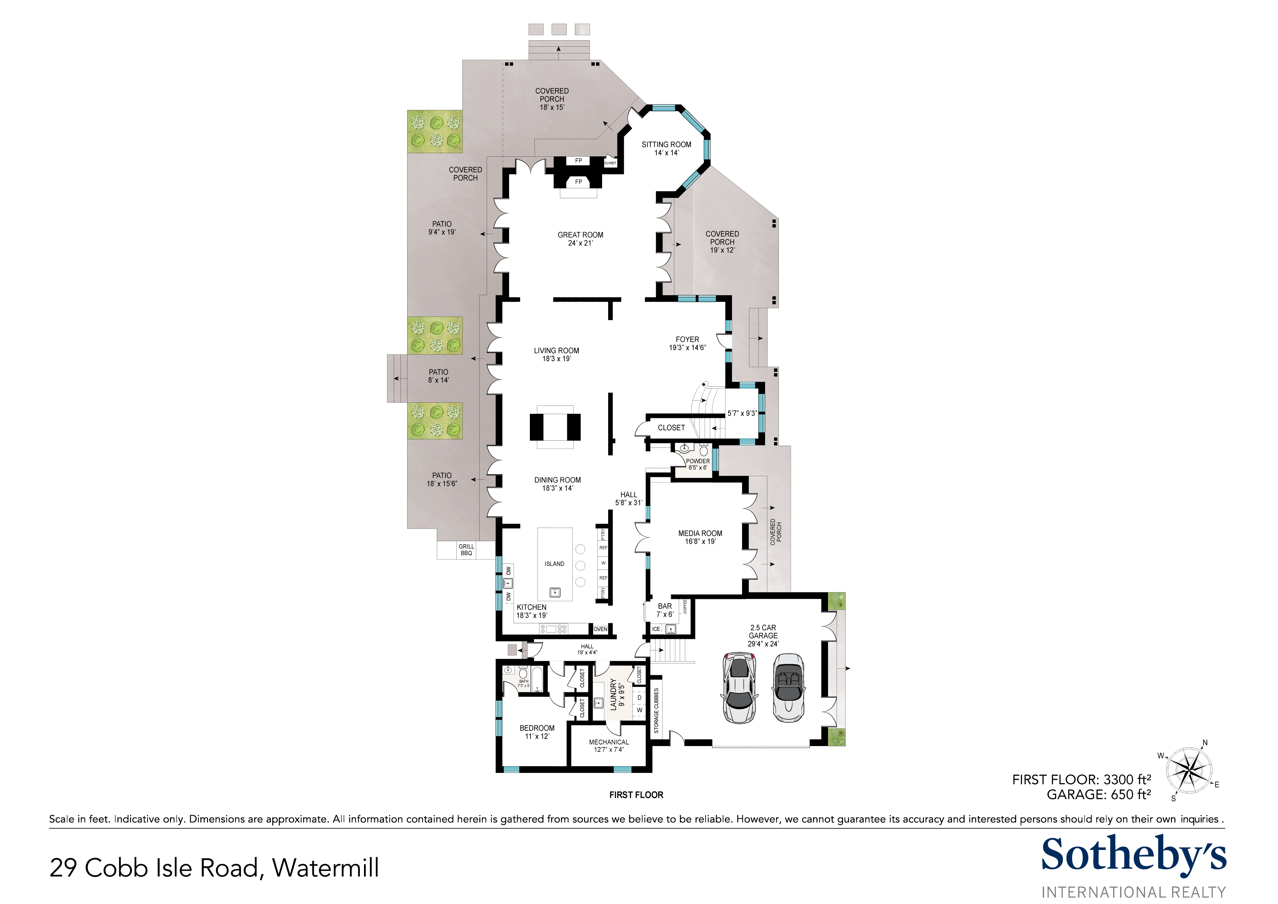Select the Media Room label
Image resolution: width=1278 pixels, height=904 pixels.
click(700, 537)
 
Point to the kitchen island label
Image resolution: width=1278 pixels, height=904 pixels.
click(554, 564)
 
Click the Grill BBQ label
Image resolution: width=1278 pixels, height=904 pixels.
click(467, 550)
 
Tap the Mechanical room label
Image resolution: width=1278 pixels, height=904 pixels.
click(609, 746)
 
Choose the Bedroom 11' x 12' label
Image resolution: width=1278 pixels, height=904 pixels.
click(537, 732)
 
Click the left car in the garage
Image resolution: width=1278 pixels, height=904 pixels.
click(739, 688)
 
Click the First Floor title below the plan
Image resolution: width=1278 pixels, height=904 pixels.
click(636, 795)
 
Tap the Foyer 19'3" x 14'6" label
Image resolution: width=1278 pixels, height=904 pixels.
click(687, 343)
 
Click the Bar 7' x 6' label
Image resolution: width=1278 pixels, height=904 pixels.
click(665, 610)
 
